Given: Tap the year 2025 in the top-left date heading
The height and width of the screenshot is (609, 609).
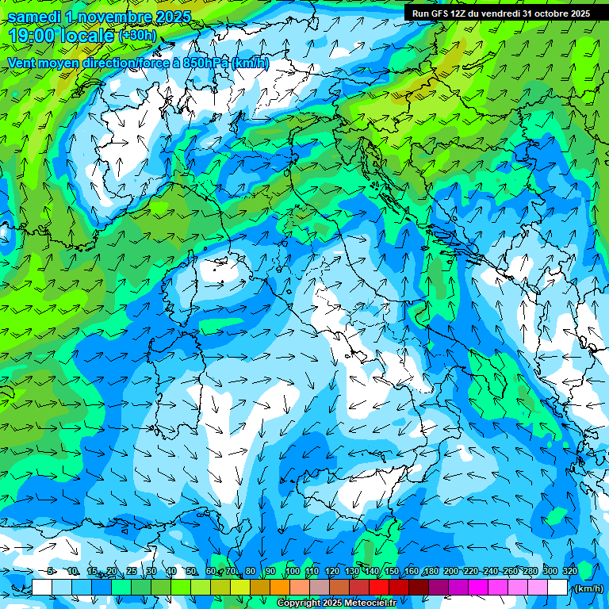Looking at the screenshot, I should (168, 17).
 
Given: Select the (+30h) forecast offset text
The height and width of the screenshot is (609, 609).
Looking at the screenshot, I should (136, 36).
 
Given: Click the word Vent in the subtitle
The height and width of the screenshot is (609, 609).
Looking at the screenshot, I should (24, 63).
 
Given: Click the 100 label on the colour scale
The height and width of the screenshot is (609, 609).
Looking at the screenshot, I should (293, 572).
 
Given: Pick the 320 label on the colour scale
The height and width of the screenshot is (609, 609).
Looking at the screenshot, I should (570, 572).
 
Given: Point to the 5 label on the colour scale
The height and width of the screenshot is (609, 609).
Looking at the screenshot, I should (52, 572).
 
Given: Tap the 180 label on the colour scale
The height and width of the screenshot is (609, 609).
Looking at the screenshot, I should (431, 572).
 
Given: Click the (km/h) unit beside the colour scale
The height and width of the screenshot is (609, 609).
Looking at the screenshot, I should (588, 588).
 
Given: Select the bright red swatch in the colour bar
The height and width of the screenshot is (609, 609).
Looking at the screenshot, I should (379, 588).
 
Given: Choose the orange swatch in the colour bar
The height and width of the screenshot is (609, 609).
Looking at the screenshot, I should (279, 588).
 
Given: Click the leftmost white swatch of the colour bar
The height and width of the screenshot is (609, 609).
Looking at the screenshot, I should (42, 588).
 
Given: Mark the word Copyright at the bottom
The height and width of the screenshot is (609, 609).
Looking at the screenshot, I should (299, 603).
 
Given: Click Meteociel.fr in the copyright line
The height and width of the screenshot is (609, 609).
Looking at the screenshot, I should (375, 603).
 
